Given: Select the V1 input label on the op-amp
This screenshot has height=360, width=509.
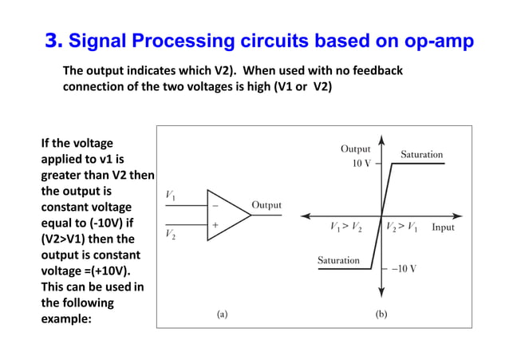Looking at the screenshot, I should pos(171,195).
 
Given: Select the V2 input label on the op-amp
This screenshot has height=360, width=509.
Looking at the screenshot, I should pos(171,235).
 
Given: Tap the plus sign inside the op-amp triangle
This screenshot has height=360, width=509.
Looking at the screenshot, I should pos(214,226).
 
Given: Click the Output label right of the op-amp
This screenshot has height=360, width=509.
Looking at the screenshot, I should pos(266,205).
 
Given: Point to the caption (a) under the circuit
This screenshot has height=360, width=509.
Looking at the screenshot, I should pos(222,315).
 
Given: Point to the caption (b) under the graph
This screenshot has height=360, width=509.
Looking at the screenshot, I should pos(381,315).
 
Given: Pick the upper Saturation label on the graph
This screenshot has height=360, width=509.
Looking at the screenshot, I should pos(421,154).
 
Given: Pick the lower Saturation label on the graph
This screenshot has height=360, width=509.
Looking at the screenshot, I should pos(338,260).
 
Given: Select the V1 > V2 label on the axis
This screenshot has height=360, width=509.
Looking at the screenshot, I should pos(346,227).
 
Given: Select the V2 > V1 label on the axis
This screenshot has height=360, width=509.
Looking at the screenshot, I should pos(402,227).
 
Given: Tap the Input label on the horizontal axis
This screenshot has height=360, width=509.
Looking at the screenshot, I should pos(443,227).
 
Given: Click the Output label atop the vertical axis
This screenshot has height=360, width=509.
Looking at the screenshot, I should pos(356,148).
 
